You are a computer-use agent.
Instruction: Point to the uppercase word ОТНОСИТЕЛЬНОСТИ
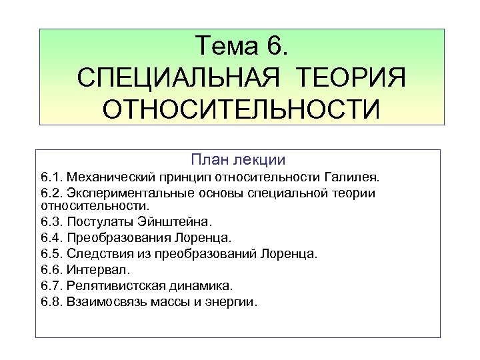coord(241,108)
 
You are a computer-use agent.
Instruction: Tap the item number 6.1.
coord(51,177)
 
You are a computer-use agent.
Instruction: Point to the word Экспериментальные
coord(125,193)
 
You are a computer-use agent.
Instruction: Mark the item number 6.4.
coord(51,237)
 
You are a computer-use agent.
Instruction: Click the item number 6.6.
coord(51,269)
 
